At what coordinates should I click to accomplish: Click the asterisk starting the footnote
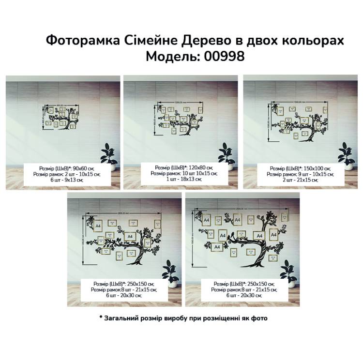coord(101,318)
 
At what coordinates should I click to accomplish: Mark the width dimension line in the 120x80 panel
coord(180,102)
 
